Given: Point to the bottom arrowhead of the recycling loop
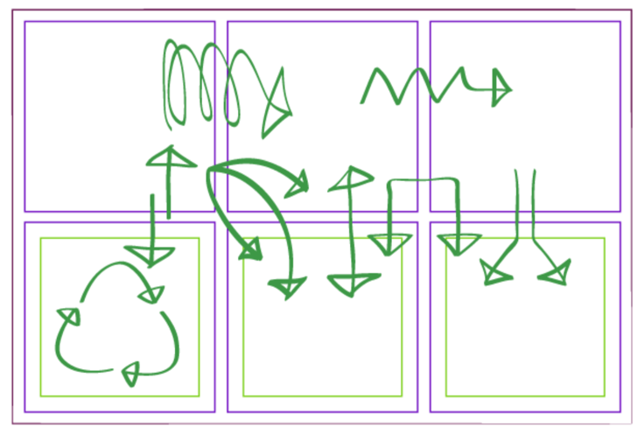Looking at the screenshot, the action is click(130, 374).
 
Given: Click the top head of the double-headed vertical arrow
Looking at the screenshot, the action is click(350, 179).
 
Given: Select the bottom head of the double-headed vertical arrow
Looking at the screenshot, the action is click(352, 283).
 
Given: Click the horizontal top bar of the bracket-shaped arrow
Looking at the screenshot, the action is click(423, 180).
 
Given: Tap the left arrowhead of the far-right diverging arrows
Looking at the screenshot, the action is click(497, 273).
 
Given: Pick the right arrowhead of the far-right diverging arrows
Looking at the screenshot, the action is click(554, 273).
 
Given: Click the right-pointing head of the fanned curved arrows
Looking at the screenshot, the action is click(298, 184).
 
